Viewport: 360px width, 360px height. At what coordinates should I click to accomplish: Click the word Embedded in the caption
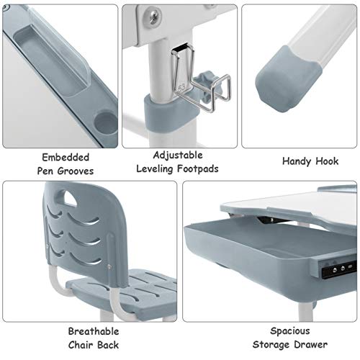coord(66,158)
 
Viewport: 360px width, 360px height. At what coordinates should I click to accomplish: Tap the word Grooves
coord(76,171)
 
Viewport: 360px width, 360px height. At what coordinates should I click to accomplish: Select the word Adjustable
coord(178,156)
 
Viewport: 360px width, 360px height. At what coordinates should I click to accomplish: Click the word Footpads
coord(198,168)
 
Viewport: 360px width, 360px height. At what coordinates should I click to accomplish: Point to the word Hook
coord(327,161)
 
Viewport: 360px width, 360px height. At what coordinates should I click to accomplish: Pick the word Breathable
coord(94,331)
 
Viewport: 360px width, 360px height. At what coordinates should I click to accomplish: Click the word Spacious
coord(290,331)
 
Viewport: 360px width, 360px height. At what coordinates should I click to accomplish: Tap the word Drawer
coord(311,345)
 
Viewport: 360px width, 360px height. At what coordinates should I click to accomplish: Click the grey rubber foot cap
coord(288,78)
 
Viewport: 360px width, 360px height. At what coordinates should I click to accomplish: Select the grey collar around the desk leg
coord(171,114)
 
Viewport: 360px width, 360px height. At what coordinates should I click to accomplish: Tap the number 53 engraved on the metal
coord(181,88)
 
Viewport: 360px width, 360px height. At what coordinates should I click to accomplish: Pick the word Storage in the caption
coord(271,345)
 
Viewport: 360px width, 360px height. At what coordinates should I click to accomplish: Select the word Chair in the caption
coord(81,345)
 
